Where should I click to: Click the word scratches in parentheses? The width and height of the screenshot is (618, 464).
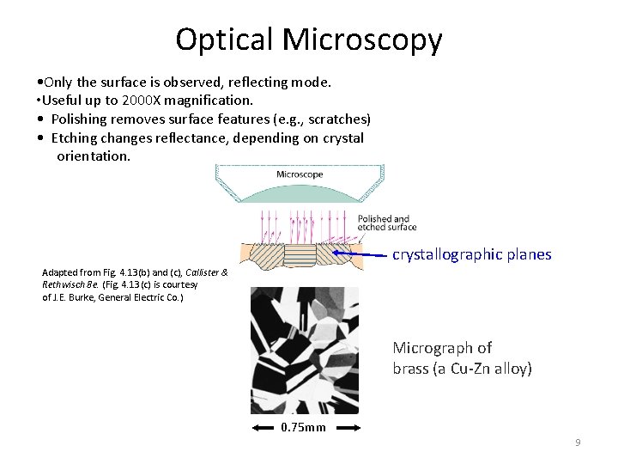click(336, 119)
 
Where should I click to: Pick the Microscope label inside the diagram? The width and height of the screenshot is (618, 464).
click(300, 174)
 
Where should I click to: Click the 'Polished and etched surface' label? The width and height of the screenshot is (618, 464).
click(387, 223)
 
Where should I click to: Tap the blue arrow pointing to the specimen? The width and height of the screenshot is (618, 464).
click(360, 254)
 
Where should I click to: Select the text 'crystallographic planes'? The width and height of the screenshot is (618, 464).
click(471, 254)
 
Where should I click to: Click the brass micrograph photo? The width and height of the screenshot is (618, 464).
click(304, 350)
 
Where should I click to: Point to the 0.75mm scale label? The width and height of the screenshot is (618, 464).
click(304, 427)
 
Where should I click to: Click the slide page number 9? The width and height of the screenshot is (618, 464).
click(578, 442)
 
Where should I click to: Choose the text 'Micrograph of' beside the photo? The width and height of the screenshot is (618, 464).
click(442, 348)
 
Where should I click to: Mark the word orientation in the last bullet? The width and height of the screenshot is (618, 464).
click(94, 156)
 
